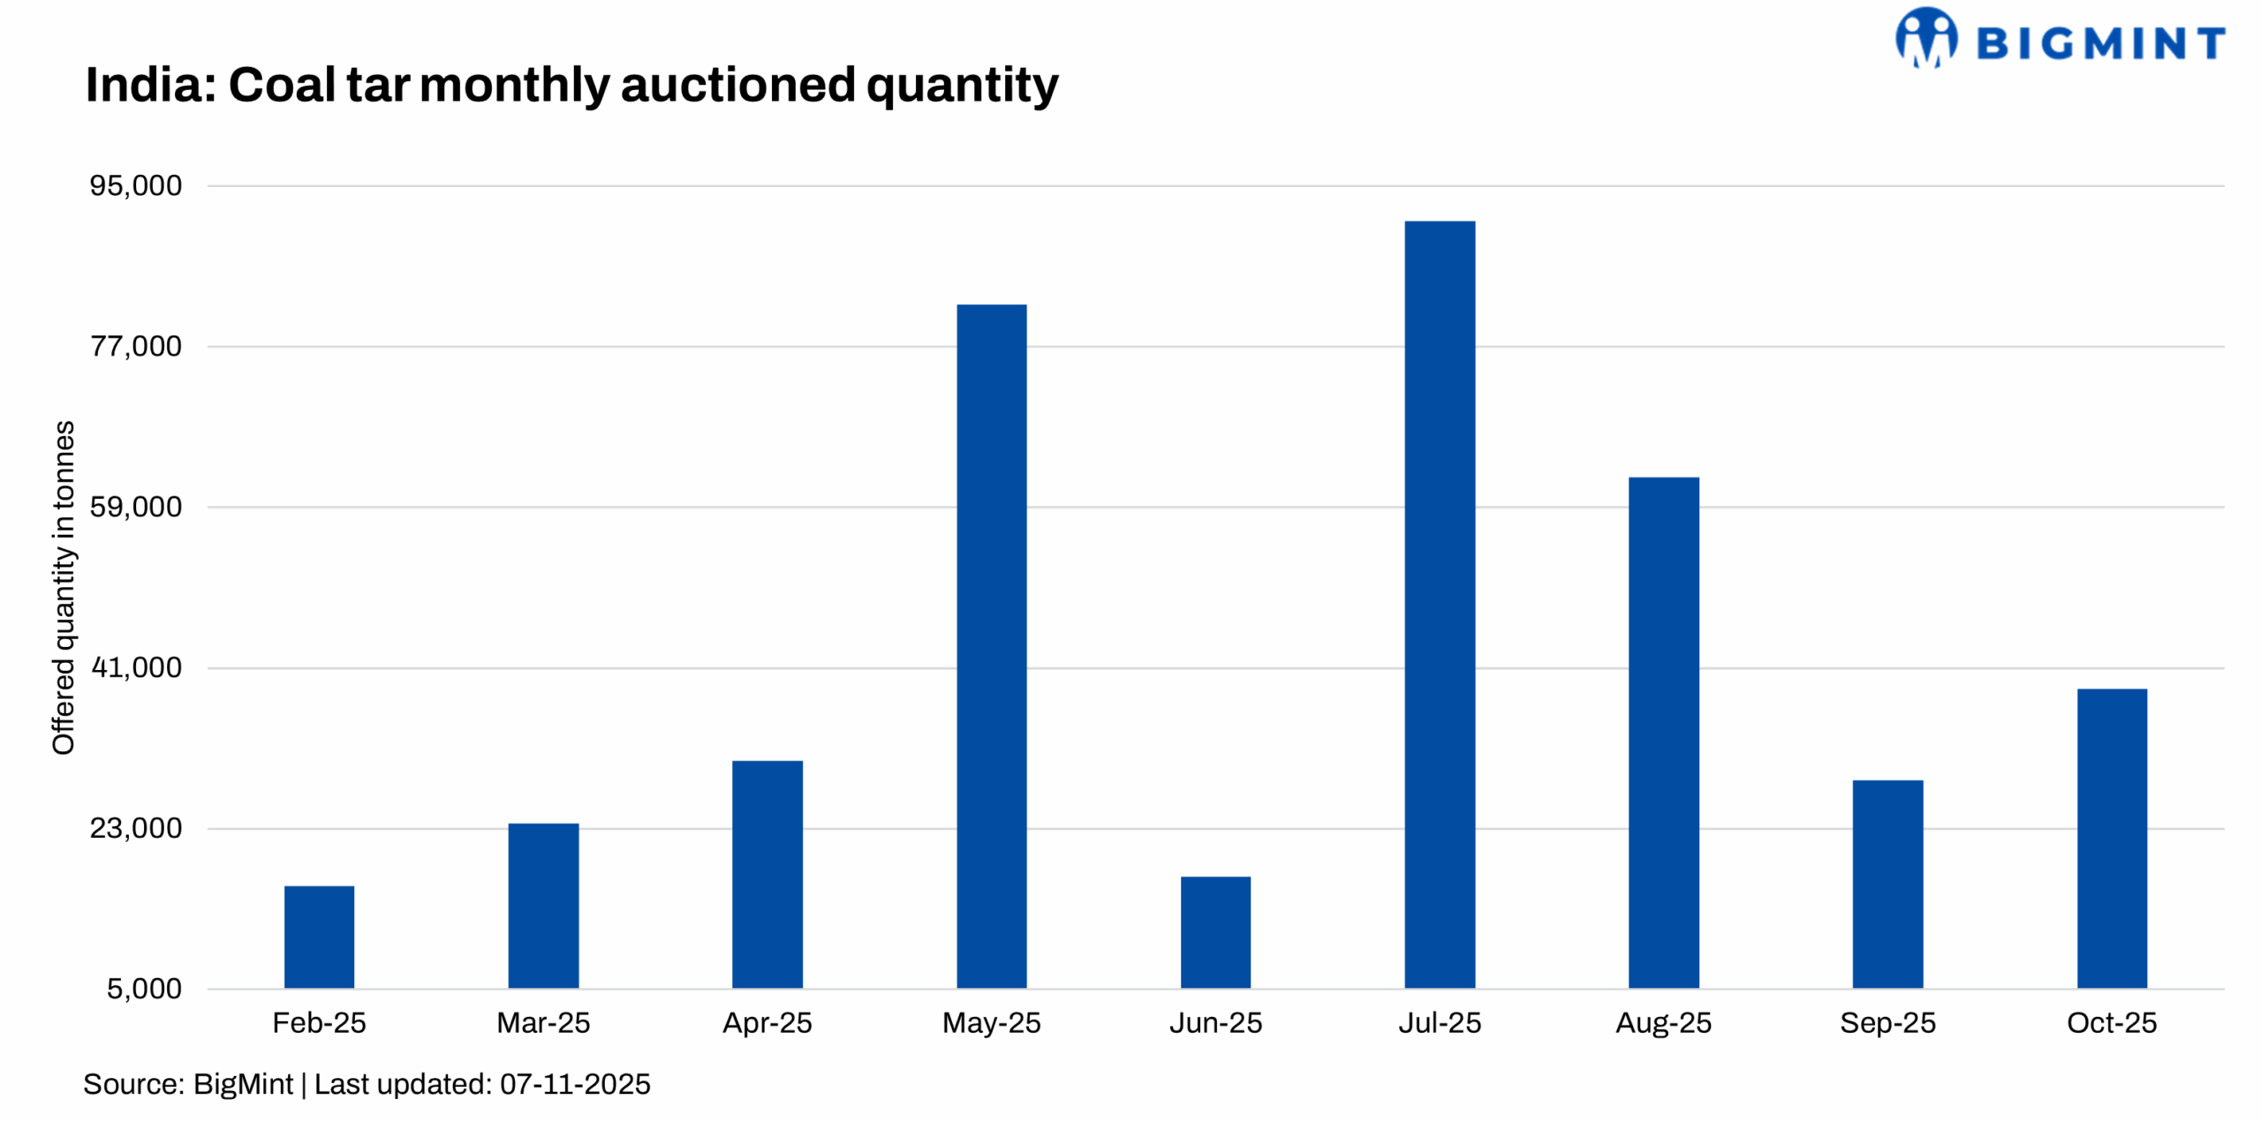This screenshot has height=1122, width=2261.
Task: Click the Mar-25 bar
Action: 543,905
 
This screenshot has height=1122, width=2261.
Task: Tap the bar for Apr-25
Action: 767,874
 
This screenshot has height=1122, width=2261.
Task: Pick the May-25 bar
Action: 991,645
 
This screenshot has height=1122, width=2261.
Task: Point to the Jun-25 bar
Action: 1215,931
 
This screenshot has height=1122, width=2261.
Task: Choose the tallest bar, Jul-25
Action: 1440,604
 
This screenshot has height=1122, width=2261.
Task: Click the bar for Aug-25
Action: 1663,732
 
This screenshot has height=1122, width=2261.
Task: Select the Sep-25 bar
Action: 1887,884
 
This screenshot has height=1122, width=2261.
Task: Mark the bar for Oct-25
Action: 2112,838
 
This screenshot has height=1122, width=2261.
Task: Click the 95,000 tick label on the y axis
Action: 136,185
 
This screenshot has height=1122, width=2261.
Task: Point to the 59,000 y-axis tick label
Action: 136,507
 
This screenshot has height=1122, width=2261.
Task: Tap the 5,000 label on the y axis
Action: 144,989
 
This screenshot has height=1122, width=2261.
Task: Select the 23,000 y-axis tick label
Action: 136,828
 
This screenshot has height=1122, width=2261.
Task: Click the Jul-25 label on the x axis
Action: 1440,1022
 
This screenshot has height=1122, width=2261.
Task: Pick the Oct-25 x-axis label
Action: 2112,1022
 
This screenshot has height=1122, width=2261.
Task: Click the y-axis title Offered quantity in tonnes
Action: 64,587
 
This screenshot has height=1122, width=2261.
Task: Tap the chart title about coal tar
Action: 571,85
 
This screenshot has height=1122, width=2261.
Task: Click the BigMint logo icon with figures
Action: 1925,38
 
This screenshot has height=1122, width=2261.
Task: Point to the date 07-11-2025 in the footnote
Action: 575,1084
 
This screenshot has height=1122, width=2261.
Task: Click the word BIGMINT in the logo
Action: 2099,43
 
